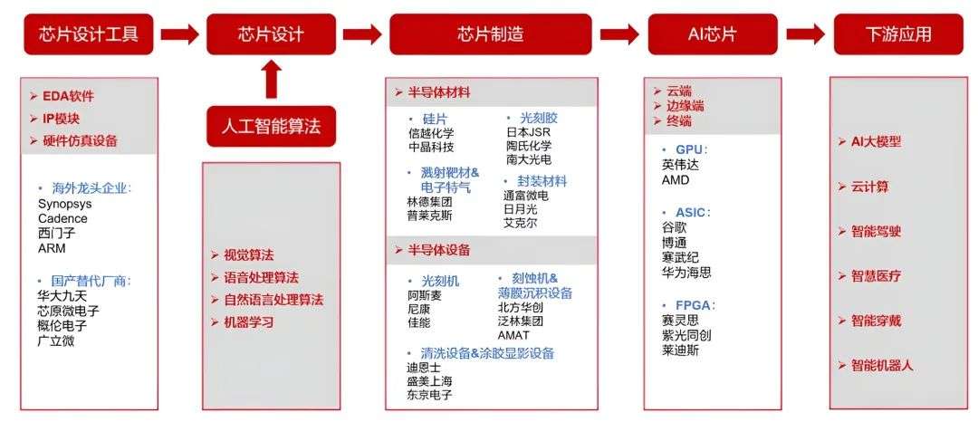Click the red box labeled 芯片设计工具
click(88, 34)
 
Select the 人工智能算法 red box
click(271, 126)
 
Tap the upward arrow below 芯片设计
click(271, 79)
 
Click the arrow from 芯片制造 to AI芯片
click(619, 34)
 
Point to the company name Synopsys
click(64, 204)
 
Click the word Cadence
click(62, 218)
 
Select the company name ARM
click(52, 248)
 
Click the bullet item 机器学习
click(248, 321)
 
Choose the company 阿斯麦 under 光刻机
click(424, 294)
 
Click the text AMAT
click(513, 335)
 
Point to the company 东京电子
click(429, 395)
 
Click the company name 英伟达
click(680, 165)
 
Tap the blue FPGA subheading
click(692, 304)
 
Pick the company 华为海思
click(686, 272)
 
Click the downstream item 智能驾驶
click(876, 231)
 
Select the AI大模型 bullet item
click(876, 142)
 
